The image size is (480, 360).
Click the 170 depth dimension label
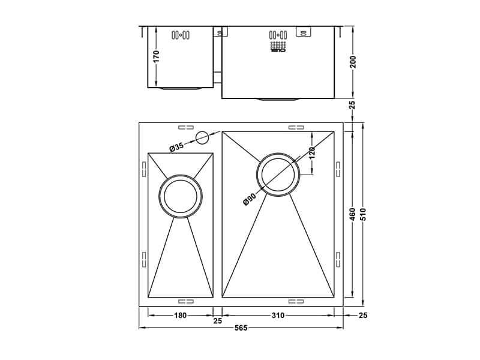(156, 56)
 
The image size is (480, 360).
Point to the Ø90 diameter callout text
(250, 199)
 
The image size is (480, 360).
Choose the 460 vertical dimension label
(353, 215)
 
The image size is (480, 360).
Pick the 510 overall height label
(362, 215)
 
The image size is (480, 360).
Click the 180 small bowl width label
(181, 316)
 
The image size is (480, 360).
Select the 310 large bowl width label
(278, 316)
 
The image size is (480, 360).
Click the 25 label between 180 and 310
(218, 322)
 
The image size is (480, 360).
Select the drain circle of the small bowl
(181, 196)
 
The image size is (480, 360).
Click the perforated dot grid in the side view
(278, 46)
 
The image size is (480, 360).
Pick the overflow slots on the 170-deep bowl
(181, 35)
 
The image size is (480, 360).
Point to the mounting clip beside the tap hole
(185, 127)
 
